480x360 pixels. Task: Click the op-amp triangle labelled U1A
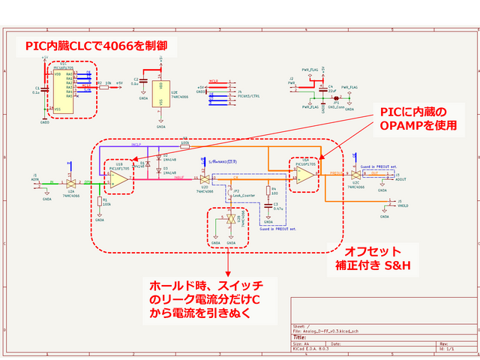tap(304, 175)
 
